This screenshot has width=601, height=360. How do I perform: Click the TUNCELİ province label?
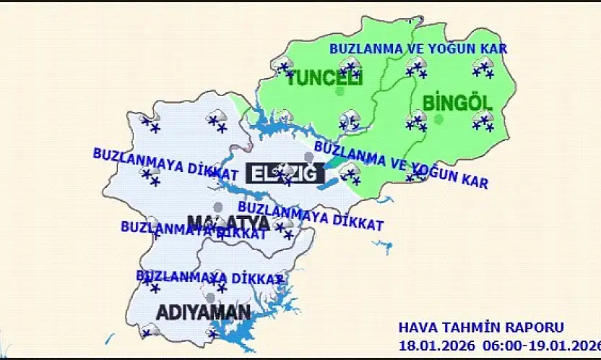[324, 78]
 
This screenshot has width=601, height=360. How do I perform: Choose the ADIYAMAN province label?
[204, 313]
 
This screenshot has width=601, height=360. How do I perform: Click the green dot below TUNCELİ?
[340, 92]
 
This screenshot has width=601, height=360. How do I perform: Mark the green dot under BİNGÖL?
[438, 120]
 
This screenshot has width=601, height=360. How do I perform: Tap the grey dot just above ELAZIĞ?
[309, 157]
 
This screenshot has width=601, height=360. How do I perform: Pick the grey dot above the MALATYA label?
[217, 207]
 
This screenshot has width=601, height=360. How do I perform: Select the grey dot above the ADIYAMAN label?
[210, 298]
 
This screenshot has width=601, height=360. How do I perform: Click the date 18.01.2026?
[431, 343]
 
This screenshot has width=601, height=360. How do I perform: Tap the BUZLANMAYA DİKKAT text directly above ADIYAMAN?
[209, 277]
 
